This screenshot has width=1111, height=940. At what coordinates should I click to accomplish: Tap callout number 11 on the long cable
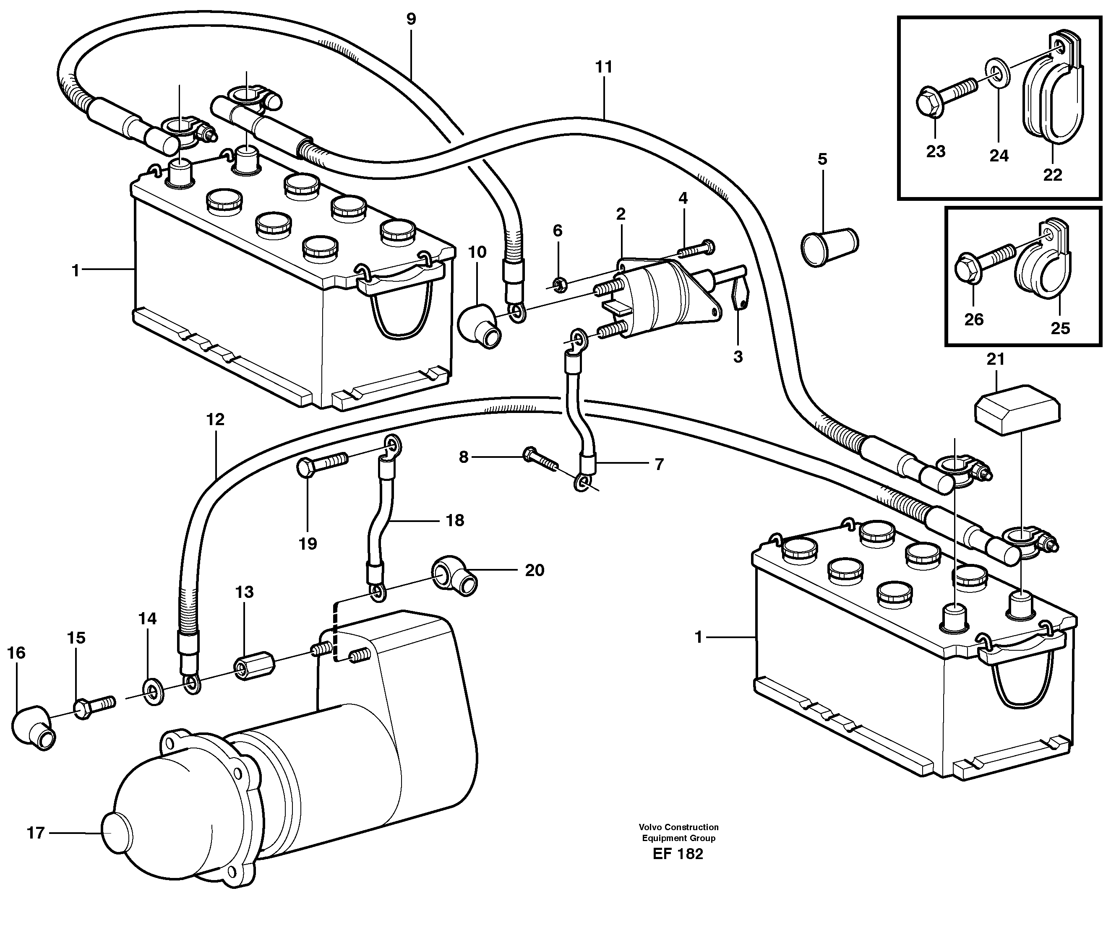[603, 67]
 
